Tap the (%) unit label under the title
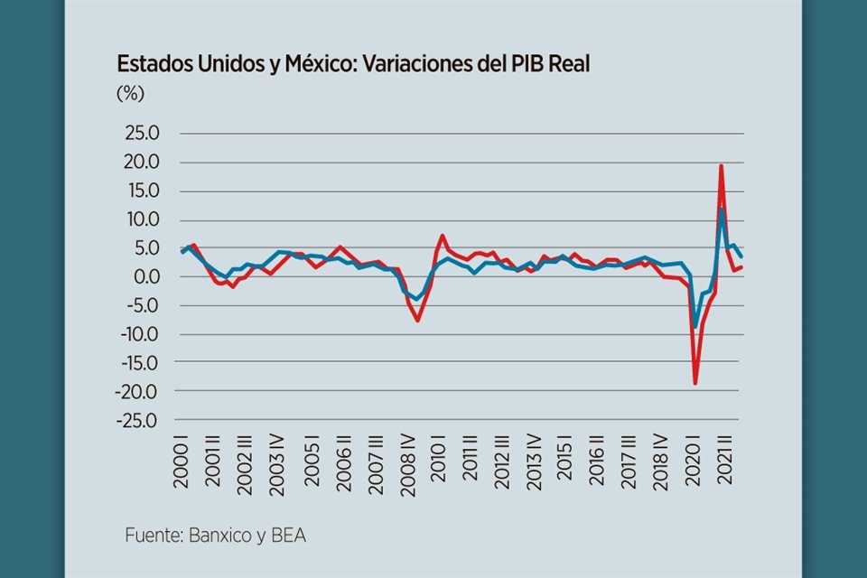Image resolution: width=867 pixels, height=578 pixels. click(x=130, y=92)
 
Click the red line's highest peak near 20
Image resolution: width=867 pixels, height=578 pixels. click(x=721, y=165)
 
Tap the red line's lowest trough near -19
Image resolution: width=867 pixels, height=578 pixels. click(x=695, y=383)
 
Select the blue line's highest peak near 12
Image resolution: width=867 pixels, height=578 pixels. click(x=722, y=210)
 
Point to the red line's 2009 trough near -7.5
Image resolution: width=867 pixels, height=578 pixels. click(x=417, y=320)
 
